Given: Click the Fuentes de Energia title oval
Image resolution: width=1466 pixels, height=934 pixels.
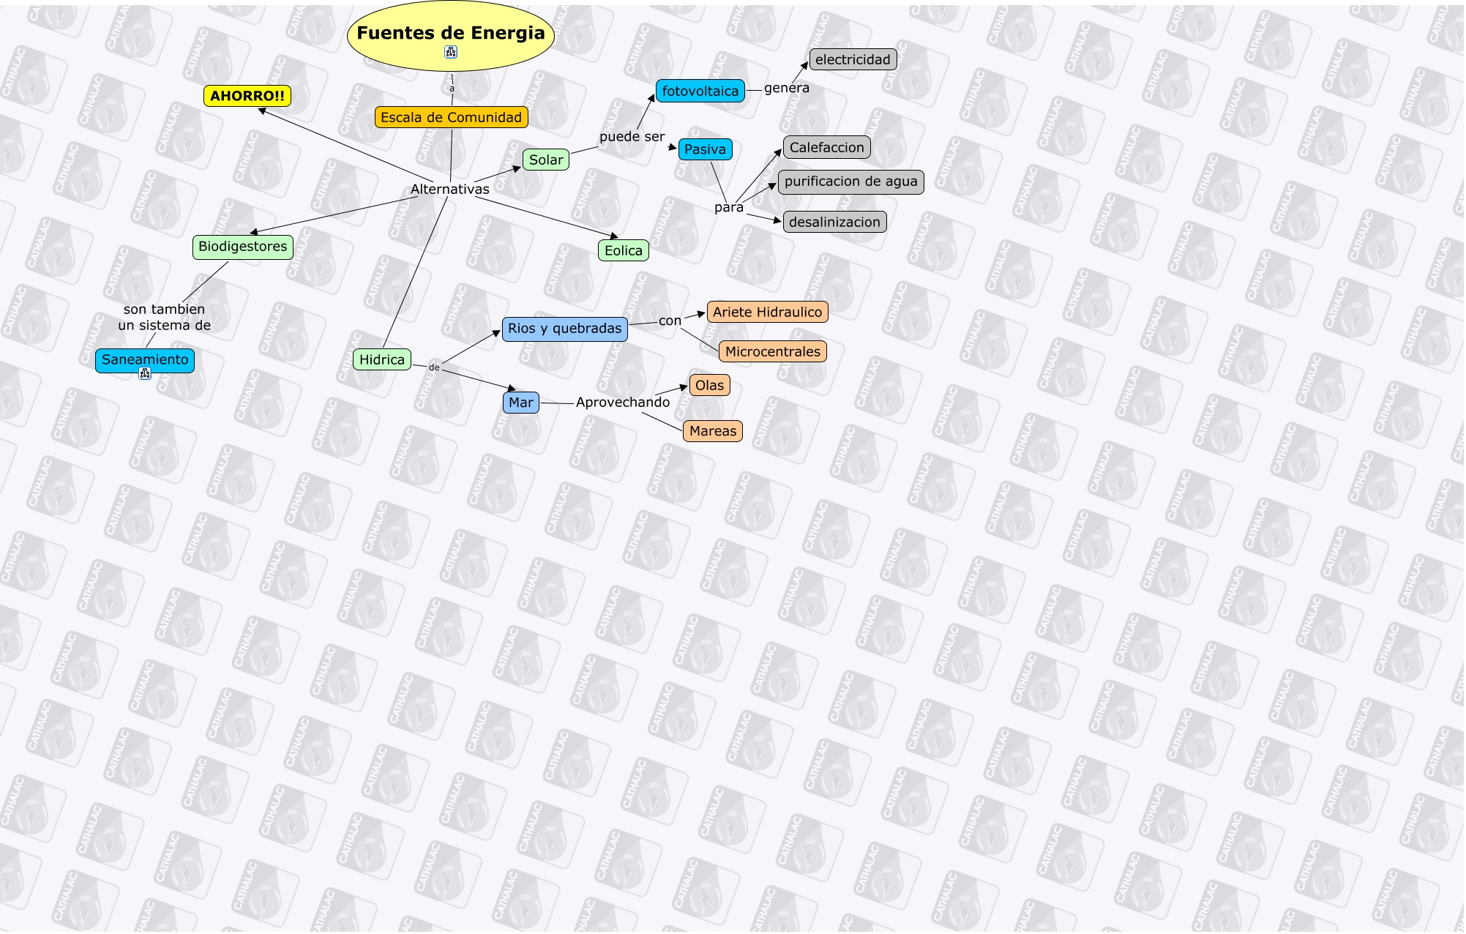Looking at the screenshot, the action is [x=450, y=34].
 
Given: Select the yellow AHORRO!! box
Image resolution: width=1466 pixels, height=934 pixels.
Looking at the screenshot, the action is [x=247, y=96].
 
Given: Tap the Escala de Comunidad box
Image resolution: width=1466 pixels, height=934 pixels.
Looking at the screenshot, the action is [x=451, y=117].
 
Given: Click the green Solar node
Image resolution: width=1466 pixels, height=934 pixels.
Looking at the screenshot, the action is [x=546, y=160].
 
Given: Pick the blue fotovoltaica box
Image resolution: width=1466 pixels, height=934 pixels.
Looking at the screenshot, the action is [x=700, y=91].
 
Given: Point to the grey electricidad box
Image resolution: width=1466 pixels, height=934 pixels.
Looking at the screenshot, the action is [x=853, y=60].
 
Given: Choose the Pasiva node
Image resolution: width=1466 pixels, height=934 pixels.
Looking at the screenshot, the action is [x=705, y=149].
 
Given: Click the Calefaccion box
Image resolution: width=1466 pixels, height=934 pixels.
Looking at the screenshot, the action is [x=826, y=148].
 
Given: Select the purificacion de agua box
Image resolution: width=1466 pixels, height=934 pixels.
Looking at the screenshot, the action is [x=850, y=182].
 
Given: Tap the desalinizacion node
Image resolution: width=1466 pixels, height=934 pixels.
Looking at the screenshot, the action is [x=834, y=222].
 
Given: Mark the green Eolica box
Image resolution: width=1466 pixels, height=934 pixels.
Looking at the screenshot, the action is [x=623, y=250].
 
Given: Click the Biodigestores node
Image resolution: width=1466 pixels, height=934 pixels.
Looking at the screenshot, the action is [x=242, y=247].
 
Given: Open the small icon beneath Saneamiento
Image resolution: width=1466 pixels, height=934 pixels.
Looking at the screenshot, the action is [x=145, y=374].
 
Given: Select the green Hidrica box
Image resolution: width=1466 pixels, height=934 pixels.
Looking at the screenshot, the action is [x=381, y=359].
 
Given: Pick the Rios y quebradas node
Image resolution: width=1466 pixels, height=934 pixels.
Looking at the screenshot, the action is [x=564, y=329].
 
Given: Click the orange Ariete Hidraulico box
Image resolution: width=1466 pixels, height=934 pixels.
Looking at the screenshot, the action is [x=767, y=312].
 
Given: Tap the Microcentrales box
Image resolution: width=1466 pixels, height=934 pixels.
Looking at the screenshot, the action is [x=772, y=351].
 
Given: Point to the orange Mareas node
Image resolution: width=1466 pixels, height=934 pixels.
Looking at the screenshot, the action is [x=713, y=431].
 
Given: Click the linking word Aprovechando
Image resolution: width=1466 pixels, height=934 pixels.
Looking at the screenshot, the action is [x=623, y=402].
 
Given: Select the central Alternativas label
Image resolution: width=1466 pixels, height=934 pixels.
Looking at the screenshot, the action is [x=449, y=189].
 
